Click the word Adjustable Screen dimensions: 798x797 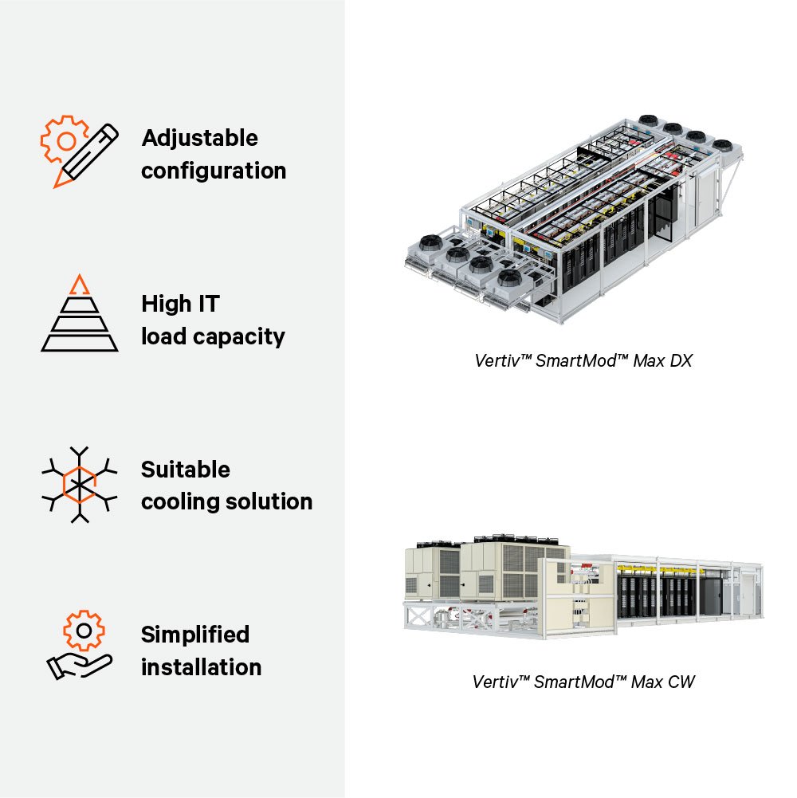point(199,138)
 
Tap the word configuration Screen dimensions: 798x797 point(214,171)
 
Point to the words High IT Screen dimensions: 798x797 point(180,304)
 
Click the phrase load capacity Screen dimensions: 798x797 point(213,336)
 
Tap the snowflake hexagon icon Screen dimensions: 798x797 point(79,484)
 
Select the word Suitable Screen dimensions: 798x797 point(186,470)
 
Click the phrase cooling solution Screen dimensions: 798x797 point(226,502)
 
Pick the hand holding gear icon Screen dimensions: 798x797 point(80,646)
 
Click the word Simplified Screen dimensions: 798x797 point(195,635)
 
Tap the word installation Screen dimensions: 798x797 point(201,667)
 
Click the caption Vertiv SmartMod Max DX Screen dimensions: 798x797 point(583,360)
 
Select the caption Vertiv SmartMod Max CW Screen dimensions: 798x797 point(583,682)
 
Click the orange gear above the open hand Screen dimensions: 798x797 point(83,631)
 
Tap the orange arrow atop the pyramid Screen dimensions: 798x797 point(78,285)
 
